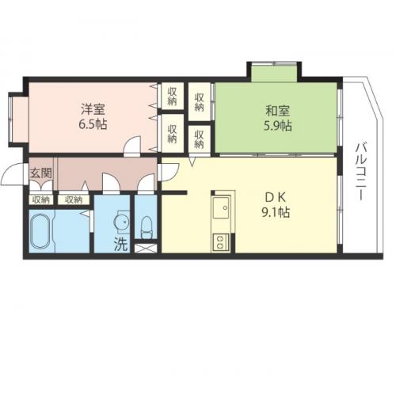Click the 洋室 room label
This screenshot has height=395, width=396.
93,109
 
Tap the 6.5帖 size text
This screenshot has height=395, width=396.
93,124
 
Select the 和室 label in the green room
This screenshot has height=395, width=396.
278,111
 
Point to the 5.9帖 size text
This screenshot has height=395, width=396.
278,126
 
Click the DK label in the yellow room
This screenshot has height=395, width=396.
276,198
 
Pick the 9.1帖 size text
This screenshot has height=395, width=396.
276,212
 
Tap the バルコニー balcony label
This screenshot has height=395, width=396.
360,171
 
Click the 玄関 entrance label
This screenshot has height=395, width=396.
40,173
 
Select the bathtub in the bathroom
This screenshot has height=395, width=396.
41,231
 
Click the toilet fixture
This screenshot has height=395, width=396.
146,227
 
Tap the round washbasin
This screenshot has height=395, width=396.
122,222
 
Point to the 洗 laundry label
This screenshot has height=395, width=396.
120,244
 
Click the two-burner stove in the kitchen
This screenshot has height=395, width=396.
220,242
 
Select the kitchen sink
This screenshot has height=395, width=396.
221,207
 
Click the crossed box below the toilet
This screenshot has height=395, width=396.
146,249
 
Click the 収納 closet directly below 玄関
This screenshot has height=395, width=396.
41,199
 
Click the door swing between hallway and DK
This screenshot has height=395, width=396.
170,173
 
